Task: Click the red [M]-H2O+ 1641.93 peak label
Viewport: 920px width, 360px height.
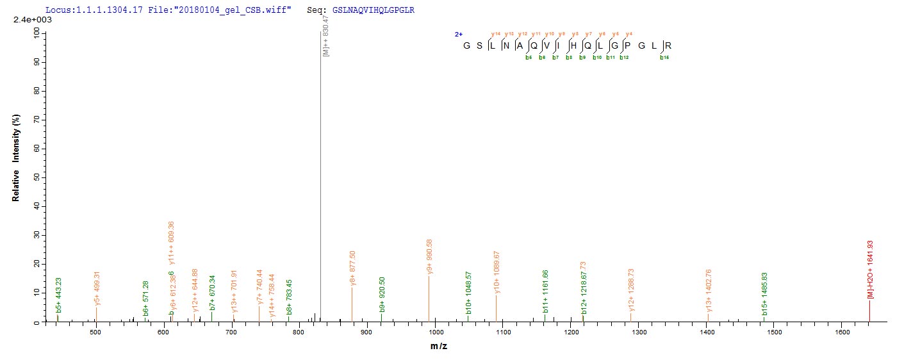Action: [870, 269]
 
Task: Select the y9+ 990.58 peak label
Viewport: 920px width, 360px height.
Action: [429, 256]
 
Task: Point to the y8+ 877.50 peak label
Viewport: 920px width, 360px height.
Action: [352, 268]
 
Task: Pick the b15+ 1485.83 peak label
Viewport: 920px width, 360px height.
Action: [764, 294]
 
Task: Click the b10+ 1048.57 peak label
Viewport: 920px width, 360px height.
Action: [468, 293]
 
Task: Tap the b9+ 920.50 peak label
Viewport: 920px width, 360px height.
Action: [382, 294]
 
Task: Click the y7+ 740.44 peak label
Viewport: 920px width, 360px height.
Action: [259, 288]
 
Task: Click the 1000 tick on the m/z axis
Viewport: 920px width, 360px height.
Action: [435, 332]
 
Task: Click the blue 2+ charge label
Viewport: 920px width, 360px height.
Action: [459, 34]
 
